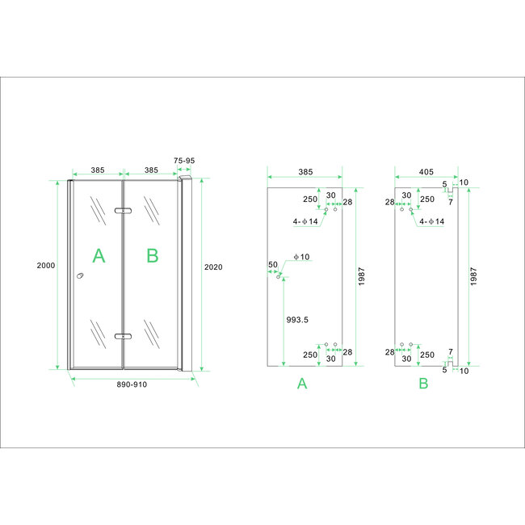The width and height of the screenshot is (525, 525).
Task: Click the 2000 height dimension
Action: (45, 266)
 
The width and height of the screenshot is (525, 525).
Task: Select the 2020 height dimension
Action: (212, 267)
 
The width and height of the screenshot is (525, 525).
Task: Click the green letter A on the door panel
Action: (98, 256)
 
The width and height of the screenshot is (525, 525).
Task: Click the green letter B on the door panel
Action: (152, 256)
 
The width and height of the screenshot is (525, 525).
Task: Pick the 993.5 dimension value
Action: (300, 320)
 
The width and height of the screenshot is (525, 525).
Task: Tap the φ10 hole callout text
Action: (301, 257)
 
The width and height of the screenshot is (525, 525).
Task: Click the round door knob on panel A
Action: (80, 277)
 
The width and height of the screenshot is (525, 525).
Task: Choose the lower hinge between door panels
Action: (123, 335)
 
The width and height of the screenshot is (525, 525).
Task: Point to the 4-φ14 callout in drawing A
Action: (305, 220)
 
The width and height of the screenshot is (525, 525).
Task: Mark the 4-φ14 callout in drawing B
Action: (429, 220)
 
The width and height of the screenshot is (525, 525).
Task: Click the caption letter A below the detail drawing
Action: (302, 384)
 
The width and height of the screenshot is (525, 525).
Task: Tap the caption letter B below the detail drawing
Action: (422, 384)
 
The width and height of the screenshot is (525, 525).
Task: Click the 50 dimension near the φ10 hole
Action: (273, 265)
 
